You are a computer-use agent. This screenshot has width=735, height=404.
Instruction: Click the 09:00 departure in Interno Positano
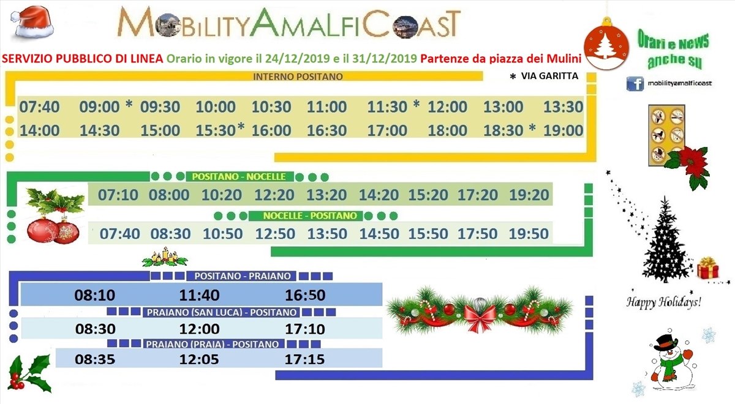99,107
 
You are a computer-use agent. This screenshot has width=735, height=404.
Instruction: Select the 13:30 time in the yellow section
563,107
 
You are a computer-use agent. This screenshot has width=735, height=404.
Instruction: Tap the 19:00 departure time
563,130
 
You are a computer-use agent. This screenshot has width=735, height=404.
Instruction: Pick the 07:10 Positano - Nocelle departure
118,195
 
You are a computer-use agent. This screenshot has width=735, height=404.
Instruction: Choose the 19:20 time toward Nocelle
529,195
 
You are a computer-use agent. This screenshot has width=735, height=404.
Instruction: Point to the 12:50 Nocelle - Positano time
275,234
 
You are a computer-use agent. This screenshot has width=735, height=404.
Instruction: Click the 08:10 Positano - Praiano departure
95,295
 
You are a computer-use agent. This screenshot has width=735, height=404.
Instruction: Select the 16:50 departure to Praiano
305,295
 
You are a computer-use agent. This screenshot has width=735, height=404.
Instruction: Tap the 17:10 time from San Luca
305,329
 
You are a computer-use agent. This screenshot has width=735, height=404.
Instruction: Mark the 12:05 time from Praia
199,359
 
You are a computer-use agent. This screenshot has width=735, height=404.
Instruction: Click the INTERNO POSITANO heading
298,77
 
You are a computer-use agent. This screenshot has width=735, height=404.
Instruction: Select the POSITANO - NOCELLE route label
239,177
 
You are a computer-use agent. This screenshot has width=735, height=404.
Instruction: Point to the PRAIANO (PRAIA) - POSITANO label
213,344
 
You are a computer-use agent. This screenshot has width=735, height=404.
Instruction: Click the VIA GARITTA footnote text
549,76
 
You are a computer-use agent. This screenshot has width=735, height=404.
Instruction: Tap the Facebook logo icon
635,84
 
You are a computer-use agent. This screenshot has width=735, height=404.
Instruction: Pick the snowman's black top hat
666,343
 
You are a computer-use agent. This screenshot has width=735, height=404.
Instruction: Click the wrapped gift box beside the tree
708,268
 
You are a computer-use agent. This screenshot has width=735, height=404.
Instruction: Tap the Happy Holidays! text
664,302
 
